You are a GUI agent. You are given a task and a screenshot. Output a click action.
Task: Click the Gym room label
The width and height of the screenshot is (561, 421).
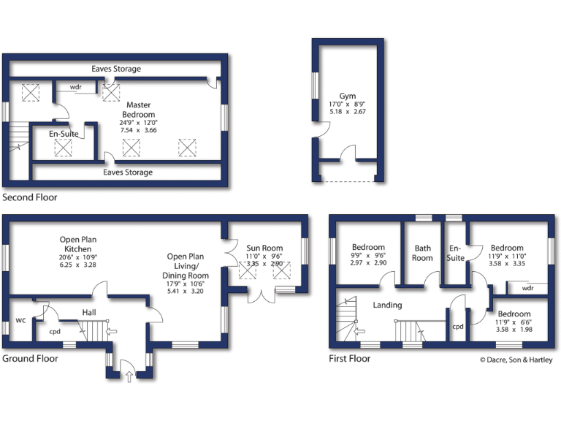coord(347,96)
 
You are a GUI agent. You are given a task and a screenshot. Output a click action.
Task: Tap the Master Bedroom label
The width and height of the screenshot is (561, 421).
coord(139,110)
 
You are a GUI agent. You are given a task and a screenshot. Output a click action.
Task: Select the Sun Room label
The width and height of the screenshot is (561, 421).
coord(265,248)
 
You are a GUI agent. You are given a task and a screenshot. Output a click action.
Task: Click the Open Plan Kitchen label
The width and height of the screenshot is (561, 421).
coord(79,244)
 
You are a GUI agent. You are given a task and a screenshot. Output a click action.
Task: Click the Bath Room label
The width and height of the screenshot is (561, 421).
coord(422,252)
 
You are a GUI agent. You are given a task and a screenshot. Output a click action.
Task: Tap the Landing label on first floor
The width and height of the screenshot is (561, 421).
coord(387,305)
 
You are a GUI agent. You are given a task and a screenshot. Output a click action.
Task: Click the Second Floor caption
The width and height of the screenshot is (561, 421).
coord(29,197)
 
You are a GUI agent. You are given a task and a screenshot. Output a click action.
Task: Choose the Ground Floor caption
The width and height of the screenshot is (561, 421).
coord(30,358)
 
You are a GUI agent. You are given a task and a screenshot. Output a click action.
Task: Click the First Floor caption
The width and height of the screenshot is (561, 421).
coord(349,358)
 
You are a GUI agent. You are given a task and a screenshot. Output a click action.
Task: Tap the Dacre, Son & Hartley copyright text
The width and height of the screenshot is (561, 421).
coord(516,360)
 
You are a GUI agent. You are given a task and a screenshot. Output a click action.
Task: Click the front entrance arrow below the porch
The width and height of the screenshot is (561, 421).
coord(129,377)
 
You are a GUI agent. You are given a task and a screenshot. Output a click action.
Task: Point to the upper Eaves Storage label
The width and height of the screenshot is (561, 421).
coord(116,69)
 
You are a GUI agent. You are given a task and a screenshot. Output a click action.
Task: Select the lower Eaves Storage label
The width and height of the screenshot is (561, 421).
coord(128,172)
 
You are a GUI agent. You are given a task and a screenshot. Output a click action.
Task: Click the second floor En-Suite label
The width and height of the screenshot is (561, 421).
coord(64,134)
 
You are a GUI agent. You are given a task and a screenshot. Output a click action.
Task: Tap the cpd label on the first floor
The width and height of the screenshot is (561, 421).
coord(458,327)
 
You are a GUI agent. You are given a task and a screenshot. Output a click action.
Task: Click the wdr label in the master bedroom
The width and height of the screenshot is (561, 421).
coord(75,87)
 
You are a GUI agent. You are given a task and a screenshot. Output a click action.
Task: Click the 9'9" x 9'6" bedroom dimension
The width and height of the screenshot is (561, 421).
coord(369,255)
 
